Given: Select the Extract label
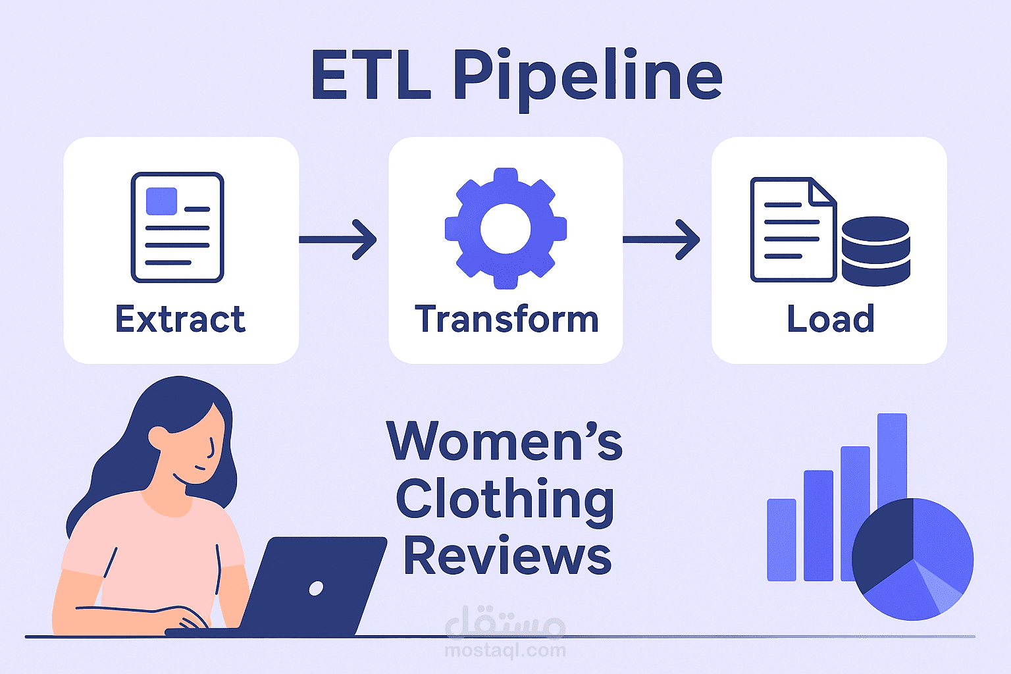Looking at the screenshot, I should click(x=180, y=319).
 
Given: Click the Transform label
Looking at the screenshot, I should click(x=506, y=319).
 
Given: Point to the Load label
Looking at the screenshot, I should click(x=831, y=319).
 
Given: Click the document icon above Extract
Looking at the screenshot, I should click(x=178, y=227).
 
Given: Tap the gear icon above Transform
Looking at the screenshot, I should click(x=505, y=228).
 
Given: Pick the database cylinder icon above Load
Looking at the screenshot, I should click(x=875, y=251).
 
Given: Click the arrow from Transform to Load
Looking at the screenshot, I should click(x=661, y=240).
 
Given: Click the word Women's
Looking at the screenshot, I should click(x=504, y=441).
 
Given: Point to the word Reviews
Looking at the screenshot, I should click(x=507, y=556).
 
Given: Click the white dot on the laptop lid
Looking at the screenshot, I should click(x=316, y=588).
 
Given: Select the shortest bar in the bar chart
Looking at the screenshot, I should click(x=781, y=540).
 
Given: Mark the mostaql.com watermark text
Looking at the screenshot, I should click(x=505, y=650).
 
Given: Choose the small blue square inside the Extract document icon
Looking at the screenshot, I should click(x=161, y=201).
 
